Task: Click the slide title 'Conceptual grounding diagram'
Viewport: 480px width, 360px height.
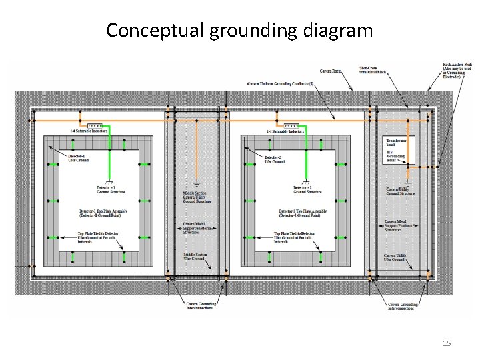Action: click(239, 30)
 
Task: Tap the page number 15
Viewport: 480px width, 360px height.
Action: click(447, 343)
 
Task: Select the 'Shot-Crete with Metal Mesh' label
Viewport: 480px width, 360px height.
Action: click(373, 70)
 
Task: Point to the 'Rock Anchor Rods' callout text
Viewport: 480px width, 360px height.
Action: click(457, 70)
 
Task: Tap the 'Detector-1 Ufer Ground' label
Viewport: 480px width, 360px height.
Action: click(78, 159)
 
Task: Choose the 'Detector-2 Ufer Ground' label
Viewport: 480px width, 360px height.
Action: click(274, 159)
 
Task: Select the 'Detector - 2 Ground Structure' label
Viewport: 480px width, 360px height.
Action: click(307, 190)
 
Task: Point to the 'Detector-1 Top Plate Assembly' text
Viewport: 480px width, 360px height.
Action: click(103, 213)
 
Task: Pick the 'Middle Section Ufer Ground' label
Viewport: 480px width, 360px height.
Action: click(197, 257)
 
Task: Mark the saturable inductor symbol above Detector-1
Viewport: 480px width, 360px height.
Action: click(95, 125)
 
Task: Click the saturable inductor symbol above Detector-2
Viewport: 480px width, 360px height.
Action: click(291, 125)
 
